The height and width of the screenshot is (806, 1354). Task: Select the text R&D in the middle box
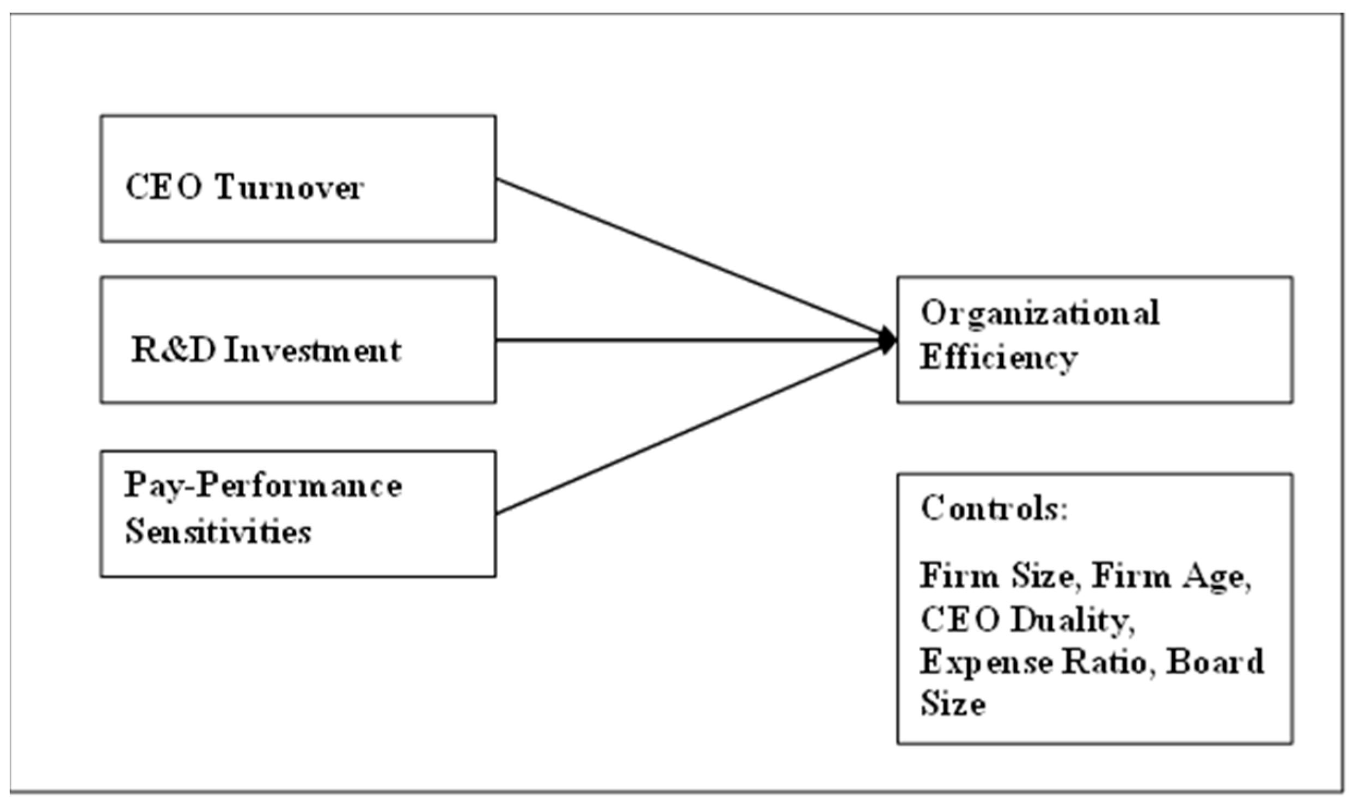(x=173, y=350)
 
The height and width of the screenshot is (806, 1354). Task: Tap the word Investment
(x=313, y=350)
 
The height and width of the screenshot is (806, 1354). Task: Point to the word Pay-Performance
(x=263, y=486)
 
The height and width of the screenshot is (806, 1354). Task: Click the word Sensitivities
(x=218, y=531)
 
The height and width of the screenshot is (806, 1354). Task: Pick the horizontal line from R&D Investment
(x=686, y=341)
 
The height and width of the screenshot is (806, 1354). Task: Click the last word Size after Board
(x=953, y=704)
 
